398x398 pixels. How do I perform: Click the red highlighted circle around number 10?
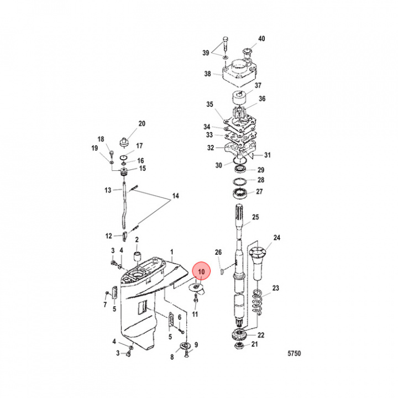tap(201, 271)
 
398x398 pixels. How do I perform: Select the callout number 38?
tap(207, 74)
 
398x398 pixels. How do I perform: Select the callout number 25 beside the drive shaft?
tap(255, 217)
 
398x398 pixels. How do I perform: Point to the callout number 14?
tap(176, 196)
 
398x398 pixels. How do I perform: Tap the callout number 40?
tap(262, 39)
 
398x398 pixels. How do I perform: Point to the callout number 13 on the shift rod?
tap(109, 190)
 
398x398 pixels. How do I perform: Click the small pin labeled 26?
tap(222, 270)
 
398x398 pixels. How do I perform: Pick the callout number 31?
tap(268, 155)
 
